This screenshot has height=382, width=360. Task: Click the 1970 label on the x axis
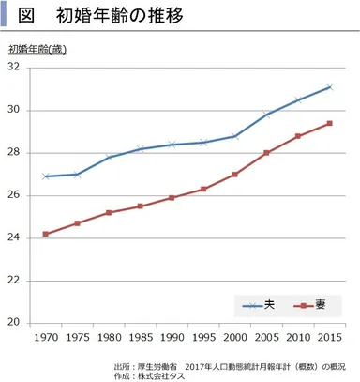coord(45,337)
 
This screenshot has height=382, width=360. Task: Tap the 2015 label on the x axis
coord(328,337)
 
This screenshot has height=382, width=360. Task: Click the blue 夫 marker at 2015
coord(328,87)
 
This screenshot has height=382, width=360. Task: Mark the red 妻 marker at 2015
coord(328,123)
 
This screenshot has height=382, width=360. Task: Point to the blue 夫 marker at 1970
coord(45,176)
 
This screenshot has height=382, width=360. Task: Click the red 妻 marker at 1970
coord(45,234)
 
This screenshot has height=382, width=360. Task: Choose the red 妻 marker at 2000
coord(234,175)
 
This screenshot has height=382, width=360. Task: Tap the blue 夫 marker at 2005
coord(266,115)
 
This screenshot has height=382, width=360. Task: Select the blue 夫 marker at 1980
coord(109,157)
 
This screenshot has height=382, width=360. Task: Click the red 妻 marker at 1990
coord(172,198)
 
